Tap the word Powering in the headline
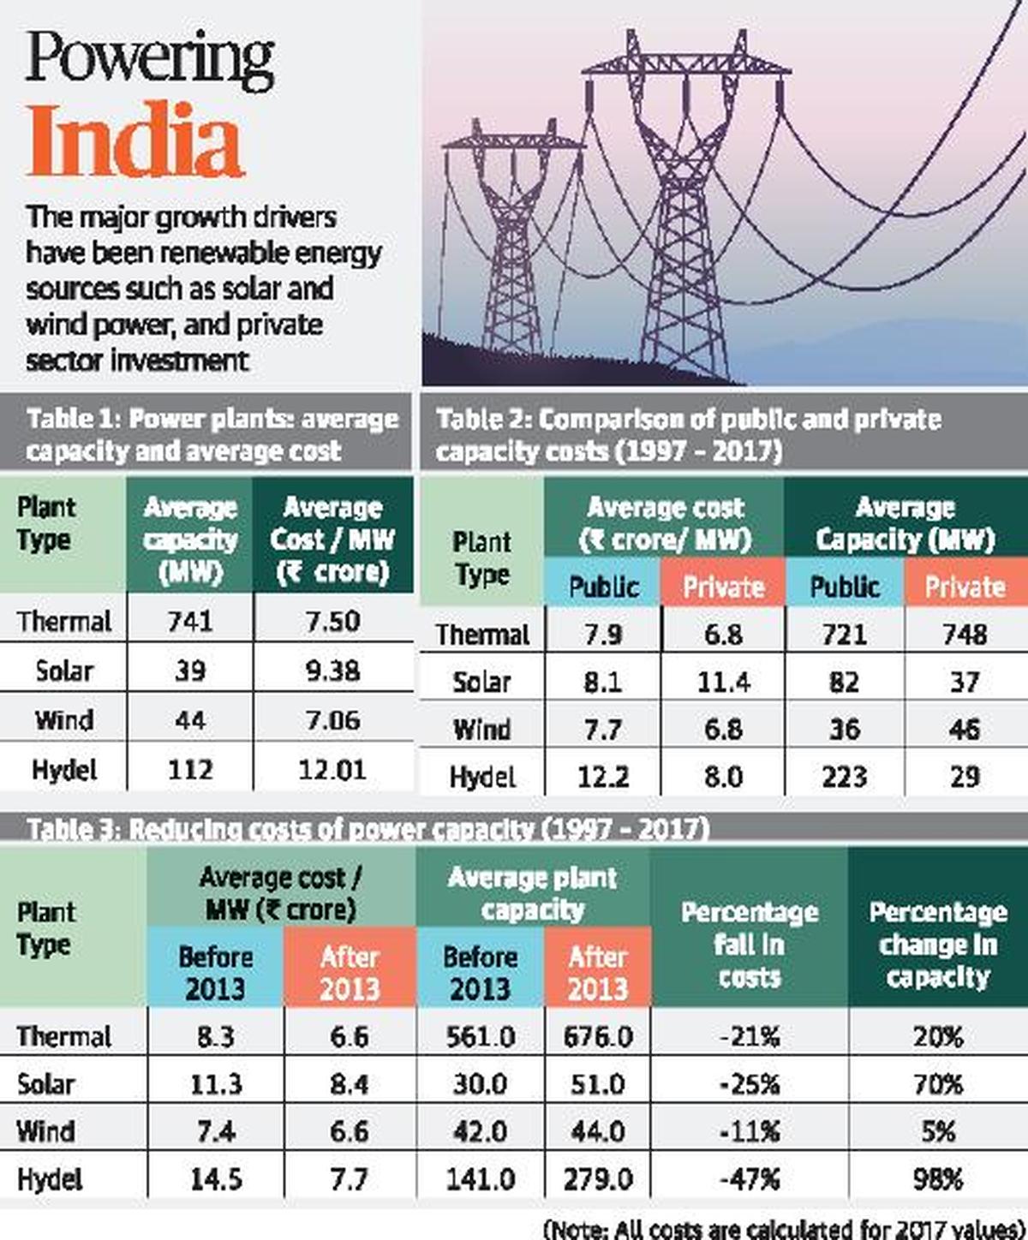(150, 58)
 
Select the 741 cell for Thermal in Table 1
(189, 621)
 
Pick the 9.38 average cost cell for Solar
(332, 671)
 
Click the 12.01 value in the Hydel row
(332, 769)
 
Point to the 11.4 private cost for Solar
(723, 682)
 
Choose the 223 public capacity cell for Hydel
(844, 777)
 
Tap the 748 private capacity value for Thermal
(965, 635)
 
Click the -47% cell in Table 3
(750, 1179)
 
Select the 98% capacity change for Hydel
(938, 1179)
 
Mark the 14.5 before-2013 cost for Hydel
(215, 1179)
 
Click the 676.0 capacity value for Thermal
(598, 1037)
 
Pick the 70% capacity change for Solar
(938, 1084)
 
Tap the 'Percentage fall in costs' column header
(750, 945)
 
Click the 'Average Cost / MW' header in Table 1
(332, 540)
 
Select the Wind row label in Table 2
(481, 730)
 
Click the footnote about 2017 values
(783, 1228)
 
